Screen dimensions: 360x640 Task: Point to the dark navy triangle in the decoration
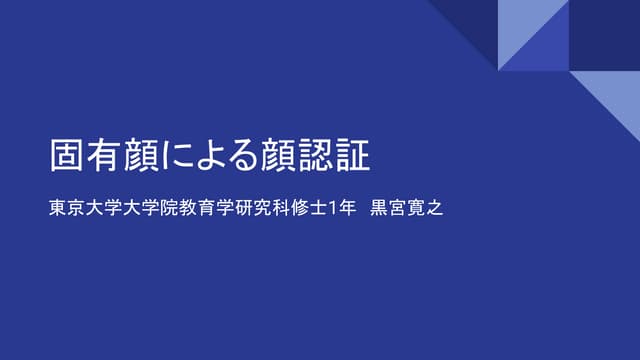470,25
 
